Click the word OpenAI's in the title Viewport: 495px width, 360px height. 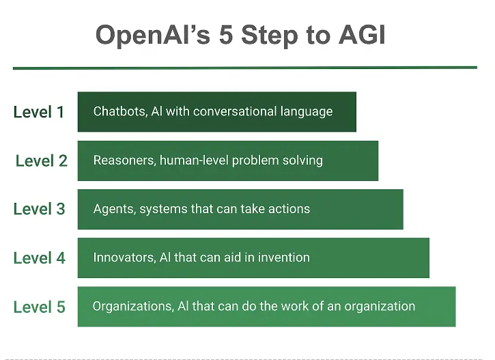click(153, 36)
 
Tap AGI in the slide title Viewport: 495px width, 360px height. click(362, 34)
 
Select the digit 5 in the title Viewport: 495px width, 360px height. click(226, 34)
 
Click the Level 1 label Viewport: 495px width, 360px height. click(39, 112)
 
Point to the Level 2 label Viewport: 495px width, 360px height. click(42, 161)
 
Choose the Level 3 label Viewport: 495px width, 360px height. click(39, 209)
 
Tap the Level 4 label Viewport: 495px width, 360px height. click(39, 258)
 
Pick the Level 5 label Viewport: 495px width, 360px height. click(39, 307)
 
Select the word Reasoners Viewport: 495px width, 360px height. click(125, 161)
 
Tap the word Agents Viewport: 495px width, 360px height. click(115, 209)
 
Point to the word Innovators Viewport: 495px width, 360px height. click(125, 258)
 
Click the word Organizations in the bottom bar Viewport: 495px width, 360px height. click(133, 306)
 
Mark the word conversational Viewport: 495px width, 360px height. click(235, 111)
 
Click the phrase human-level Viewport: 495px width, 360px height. click(194, 160)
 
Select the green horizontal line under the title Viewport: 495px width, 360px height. click(245, 68)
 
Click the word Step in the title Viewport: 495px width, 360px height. click(270, 36)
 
